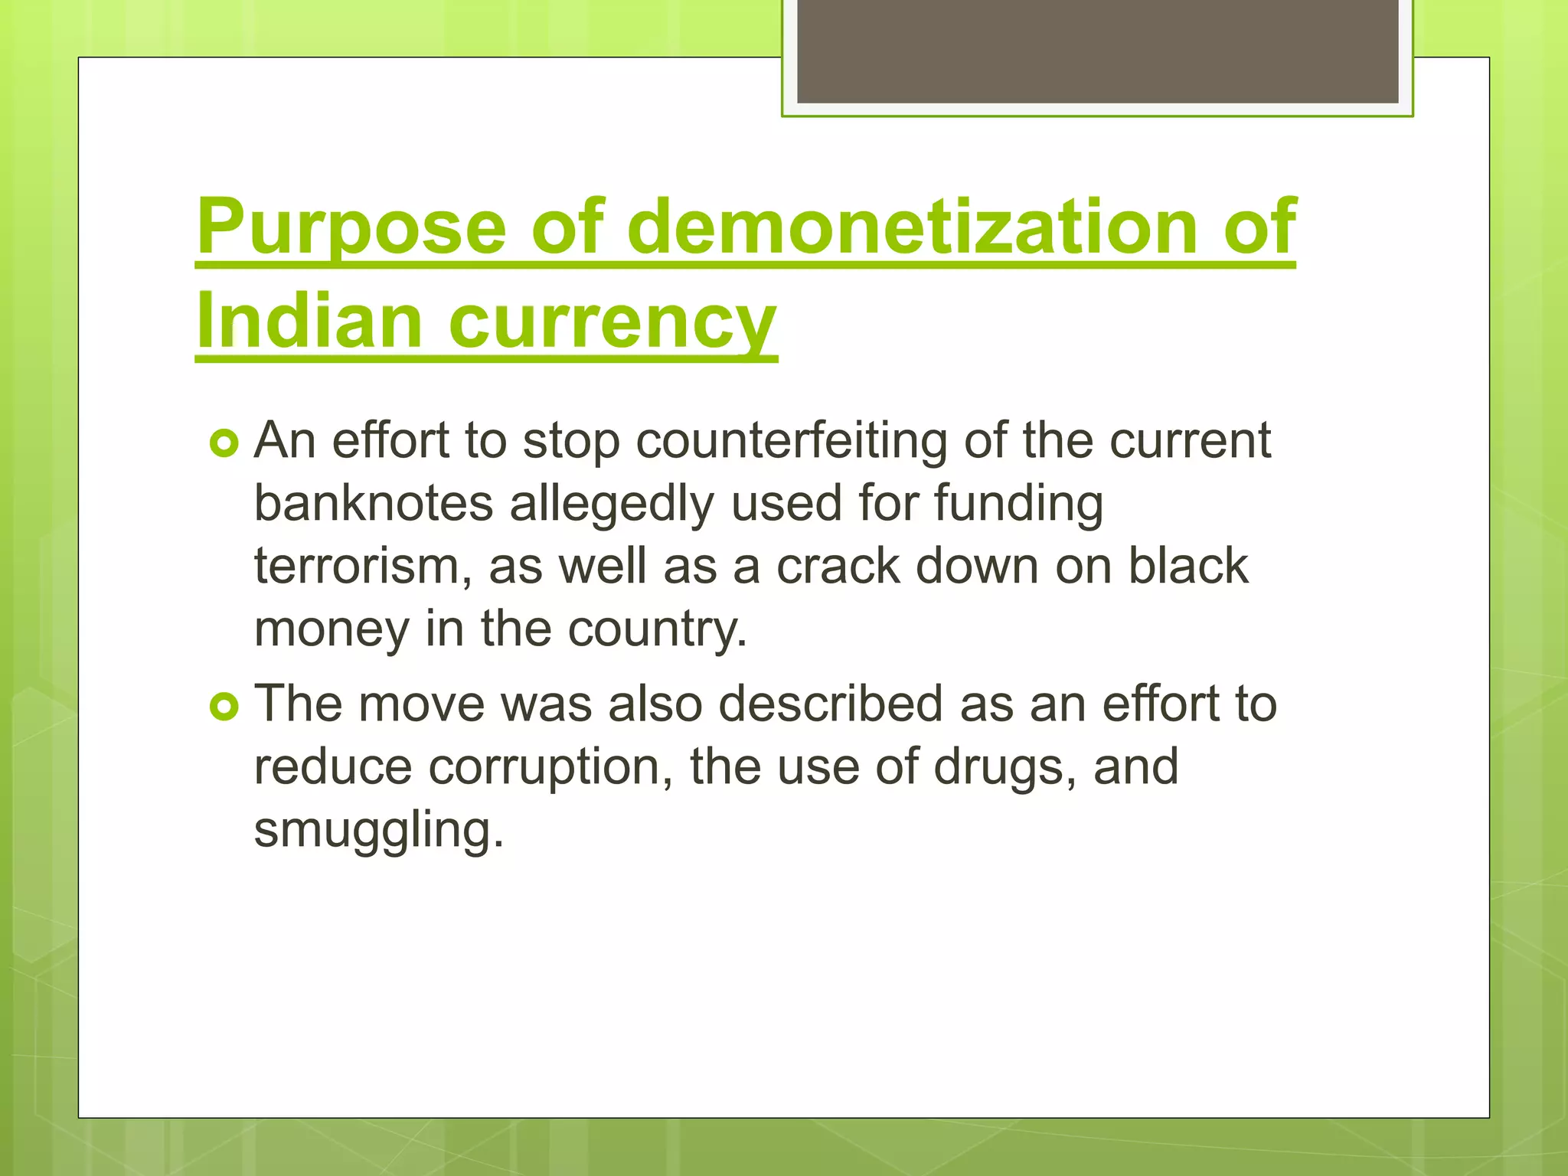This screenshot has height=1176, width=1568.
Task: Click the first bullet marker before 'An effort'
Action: click(224, 443)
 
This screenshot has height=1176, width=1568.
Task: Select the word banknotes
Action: click(374, 504)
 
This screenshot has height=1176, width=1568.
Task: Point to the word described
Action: click(830, 704)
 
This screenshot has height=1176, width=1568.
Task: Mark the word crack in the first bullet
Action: click(838, 567)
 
